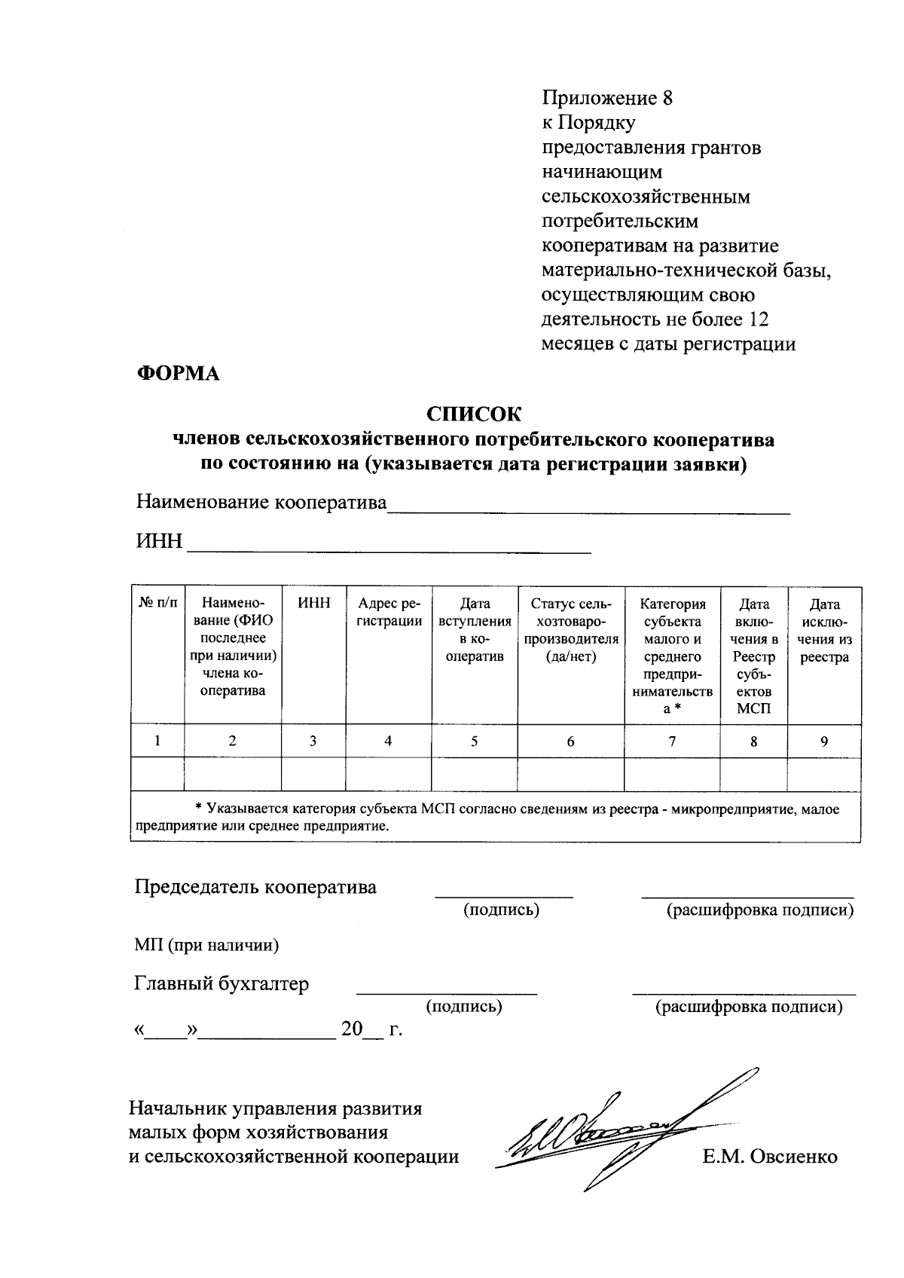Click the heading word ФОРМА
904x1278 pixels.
(178, 374)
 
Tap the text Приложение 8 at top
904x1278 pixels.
(606, 99)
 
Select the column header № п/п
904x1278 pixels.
(157, 604)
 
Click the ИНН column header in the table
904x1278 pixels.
(313, 604)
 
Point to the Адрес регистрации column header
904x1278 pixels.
(389, 613)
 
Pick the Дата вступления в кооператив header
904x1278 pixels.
(475, 630)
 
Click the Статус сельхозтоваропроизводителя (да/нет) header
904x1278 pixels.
(571, 630)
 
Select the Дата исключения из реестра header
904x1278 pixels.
(824, 630)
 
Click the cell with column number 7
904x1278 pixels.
(672, 741)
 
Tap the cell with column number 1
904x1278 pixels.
(157, 741)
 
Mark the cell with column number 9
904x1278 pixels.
(824, 741)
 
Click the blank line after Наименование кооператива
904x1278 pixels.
(588, 508)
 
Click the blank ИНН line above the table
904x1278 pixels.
(389, 547)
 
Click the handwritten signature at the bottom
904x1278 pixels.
(603, 1130)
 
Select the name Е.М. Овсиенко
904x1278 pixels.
(769, 1157)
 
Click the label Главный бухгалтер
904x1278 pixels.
(221, 984)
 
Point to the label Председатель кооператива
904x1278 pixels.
(255, 887)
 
